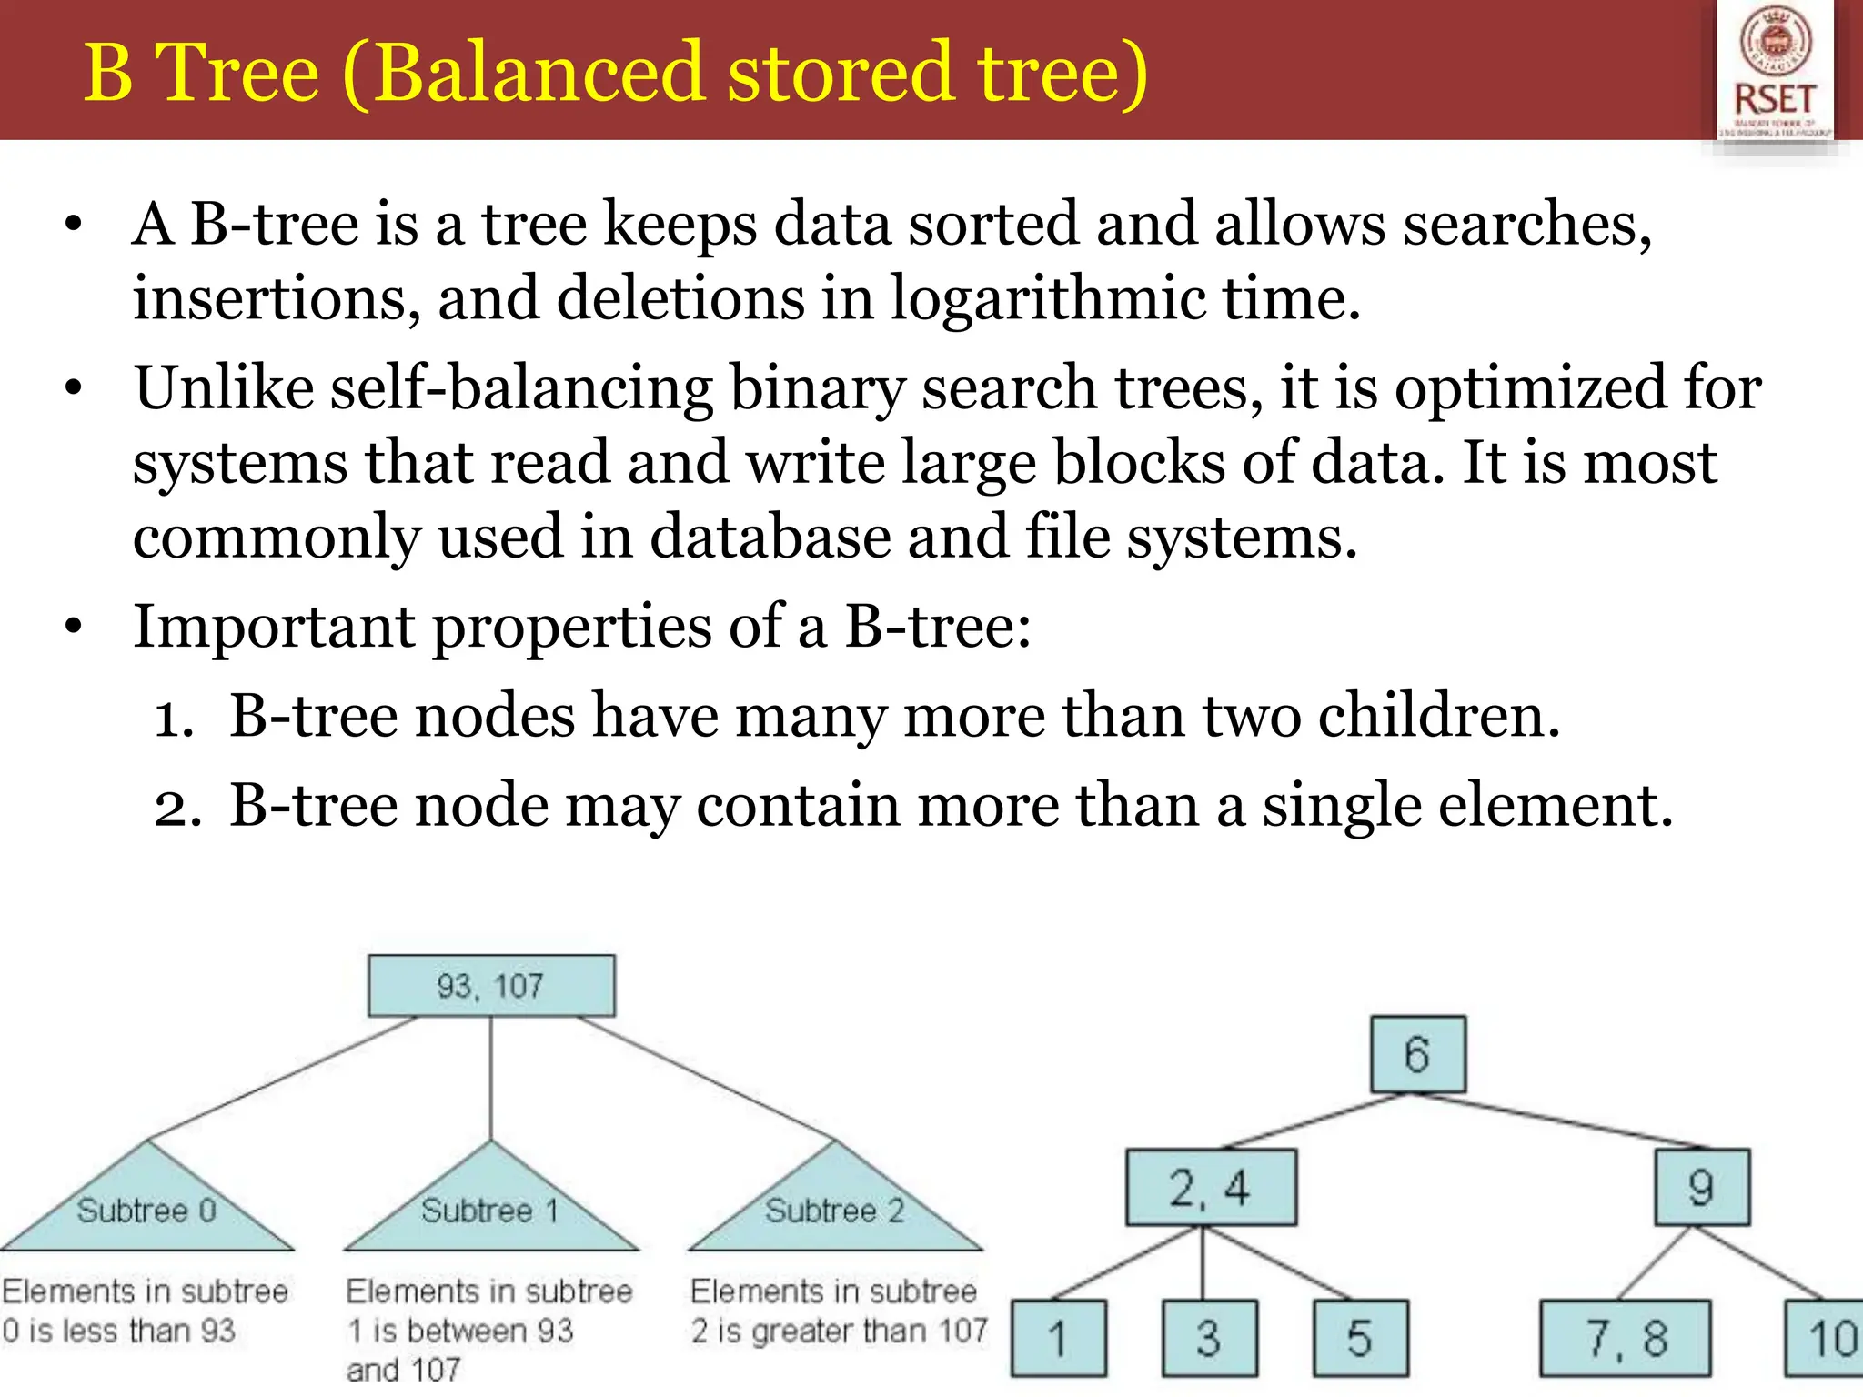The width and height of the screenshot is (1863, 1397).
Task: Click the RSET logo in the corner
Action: pyautogui.click(x=1775, y=73)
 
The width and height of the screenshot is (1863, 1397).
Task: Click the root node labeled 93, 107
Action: pyautogui.click(x=491, y=986)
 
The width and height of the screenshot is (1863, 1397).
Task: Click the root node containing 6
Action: pyautogui.click(x=1418, y=1055)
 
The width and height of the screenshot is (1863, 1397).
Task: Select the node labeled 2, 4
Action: pyautogui.click(x=1211, y=1188)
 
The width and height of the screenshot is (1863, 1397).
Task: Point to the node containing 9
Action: pyautogui.click(x=1702, y=1188)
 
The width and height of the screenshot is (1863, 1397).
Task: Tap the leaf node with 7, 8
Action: pyautogui.click(x=1626, y=1339)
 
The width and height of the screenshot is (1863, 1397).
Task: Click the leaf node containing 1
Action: pyautogui.click(x=1059, y=1339)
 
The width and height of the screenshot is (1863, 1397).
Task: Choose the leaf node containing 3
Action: pyautogui.click(x=1210, y=1339)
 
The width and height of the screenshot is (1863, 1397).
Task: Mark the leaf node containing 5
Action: pyautogui.click(x=1361, y=1339)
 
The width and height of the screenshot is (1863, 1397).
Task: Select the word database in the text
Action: pyautogui.click(x=770, y=536)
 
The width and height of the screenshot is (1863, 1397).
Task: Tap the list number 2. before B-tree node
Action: pyautogui.click(x=176, y=807)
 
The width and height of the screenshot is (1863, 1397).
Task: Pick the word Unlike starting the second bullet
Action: pyautogui.click(x=224, y=388)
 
